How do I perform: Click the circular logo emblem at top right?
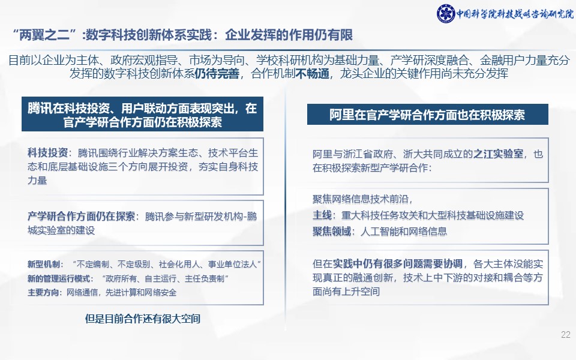click(446, 14)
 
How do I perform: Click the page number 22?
click(566, 335)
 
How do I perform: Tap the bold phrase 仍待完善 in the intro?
click(217, 73)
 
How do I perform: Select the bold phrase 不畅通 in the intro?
click(312, 73)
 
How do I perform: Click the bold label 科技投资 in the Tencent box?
click(48, 153)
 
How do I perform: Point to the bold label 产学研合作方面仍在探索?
click(81, 216)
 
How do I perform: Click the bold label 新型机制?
click(44, 264)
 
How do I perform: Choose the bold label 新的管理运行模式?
click(59, 278)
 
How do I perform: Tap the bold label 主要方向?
click(43, 292)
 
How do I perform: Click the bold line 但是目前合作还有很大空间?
click(143, 319)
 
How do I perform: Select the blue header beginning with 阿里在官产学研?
click(428, 114)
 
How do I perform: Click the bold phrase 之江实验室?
click(498, 154)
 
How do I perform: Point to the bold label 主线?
click(322, 215)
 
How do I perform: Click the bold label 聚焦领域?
click(332, 231)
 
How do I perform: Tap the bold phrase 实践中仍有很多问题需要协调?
click(397, 263)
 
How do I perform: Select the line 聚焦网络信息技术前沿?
click(362, 199)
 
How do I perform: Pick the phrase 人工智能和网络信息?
click(404, 231)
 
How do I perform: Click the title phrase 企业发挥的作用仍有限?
click(289, 35)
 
